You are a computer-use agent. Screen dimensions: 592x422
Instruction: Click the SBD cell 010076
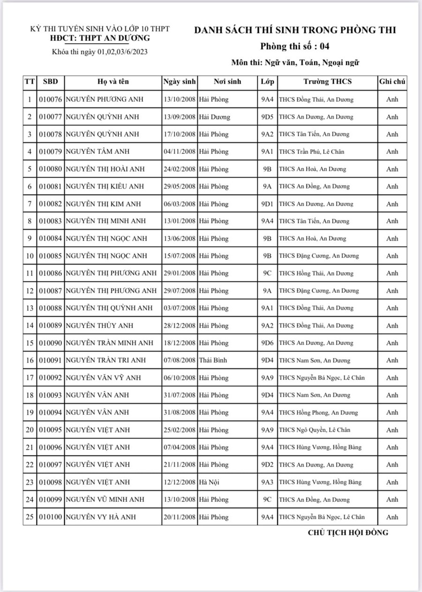(50, 99)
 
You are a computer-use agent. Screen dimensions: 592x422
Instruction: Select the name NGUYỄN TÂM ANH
(98, 152)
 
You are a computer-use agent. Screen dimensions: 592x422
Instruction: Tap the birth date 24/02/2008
(179, 169)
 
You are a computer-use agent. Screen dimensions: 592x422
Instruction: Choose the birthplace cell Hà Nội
(209, 482)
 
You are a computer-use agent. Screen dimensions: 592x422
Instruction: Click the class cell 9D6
(267, 343)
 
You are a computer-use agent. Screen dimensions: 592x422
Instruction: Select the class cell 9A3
(267, 482)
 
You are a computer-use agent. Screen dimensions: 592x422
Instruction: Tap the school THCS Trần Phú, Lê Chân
(314, 152)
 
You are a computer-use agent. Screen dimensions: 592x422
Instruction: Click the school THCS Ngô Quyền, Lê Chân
(314, 430)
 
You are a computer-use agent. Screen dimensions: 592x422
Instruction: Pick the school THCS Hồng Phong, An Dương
(318, 413)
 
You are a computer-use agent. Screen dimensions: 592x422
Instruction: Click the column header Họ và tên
(113, 82)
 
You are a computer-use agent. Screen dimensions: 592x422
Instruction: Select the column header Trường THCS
(327, 82)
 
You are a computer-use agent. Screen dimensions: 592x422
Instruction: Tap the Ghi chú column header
(392, 82)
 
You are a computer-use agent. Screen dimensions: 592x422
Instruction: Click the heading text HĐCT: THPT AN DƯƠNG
(100, 38)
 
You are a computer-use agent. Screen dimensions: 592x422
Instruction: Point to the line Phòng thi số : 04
(295, 46)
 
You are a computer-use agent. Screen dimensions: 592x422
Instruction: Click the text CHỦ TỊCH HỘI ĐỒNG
(348, 532)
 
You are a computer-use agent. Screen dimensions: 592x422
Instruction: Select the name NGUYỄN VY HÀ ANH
(101, 517)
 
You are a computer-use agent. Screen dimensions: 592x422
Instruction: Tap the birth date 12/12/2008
(179, 482)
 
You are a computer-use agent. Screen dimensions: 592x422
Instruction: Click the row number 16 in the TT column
(30, 360)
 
